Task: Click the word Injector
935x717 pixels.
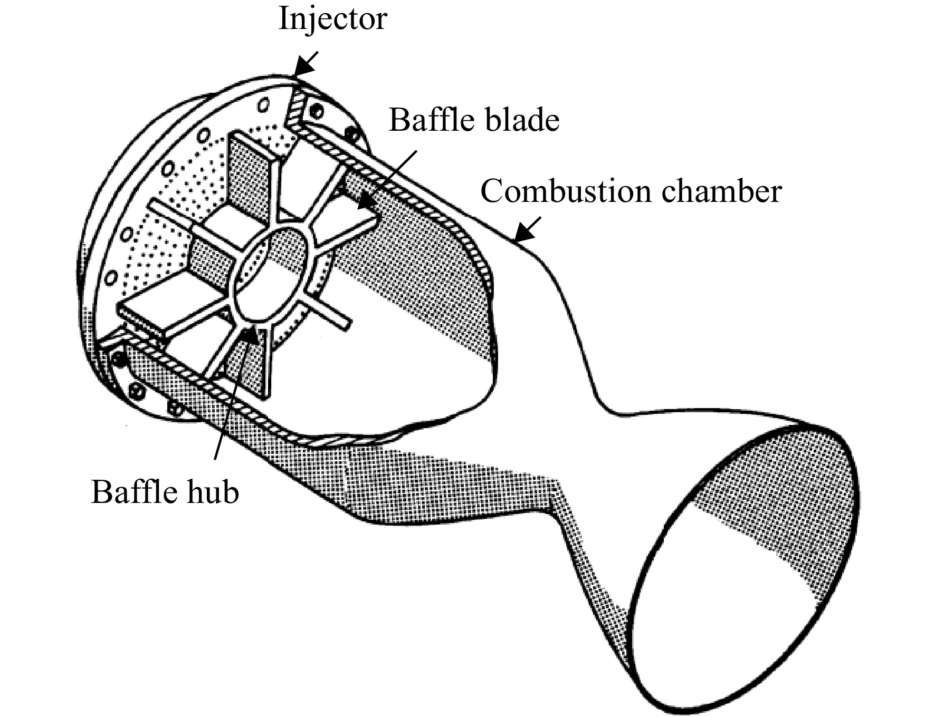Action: pos(333,20)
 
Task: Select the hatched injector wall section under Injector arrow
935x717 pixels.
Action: pos(295,108)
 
